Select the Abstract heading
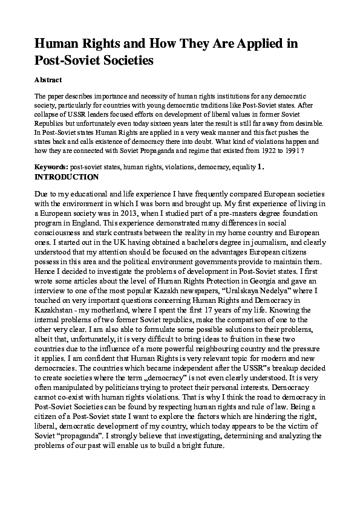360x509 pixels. coord(48,79)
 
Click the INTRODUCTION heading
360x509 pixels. coord(67,177)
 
